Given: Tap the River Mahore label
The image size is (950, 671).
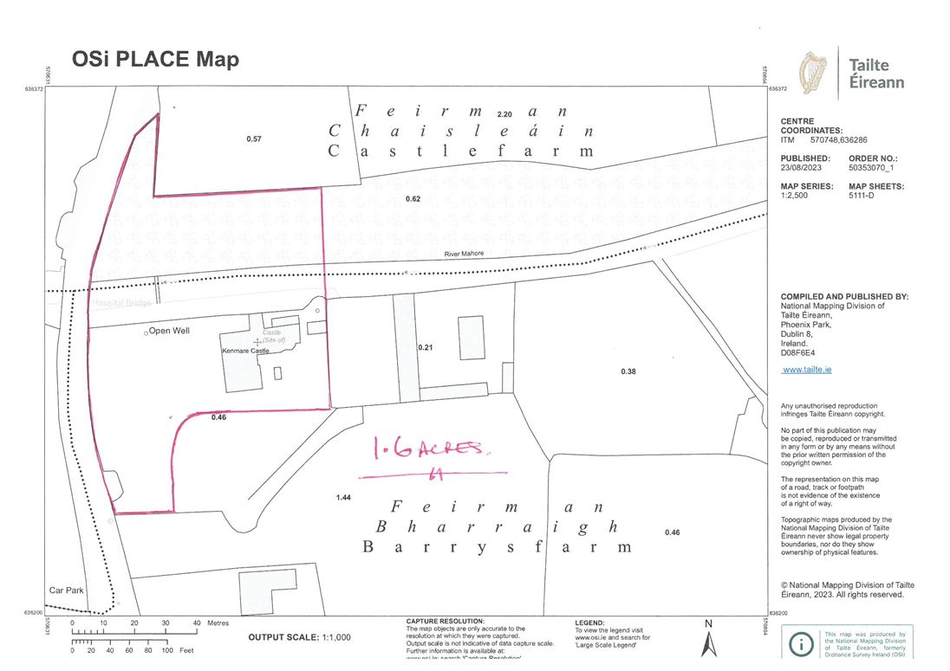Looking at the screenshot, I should (463, 254).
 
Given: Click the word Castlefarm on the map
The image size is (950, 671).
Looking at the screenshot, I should (461, 151).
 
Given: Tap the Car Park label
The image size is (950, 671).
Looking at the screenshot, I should (66, 590).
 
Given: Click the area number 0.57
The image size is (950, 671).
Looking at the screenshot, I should (253, 139).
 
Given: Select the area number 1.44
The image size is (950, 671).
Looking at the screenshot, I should (343, 499).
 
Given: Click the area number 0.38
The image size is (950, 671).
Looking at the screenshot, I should (628, 371).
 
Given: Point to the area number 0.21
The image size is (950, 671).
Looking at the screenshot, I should (425, 347).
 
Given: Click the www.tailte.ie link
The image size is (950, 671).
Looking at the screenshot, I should (807, 370).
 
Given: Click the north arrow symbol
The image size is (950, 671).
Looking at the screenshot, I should (708, 642).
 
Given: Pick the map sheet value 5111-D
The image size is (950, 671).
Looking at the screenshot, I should (864, 196).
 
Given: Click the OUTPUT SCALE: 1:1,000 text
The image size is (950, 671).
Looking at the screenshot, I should (299, 637).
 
